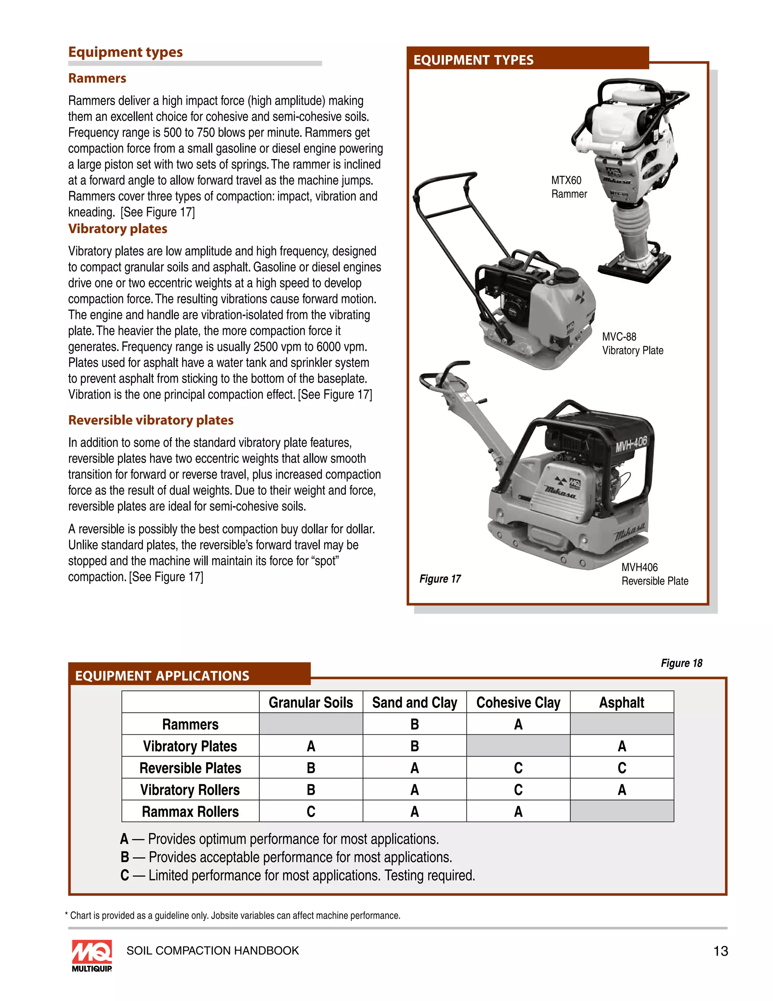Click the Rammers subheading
pos(97,78)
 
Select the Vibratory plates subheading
pos(118,229)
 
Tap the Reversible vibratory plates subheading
pos(151,420)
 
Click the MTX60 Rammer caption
pos(569,187)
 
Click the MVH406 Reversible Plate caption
pos(654,574)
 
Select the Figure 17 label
pos(440,579)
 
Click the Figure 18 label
pos(681,663)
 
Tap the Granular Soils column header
pos(311,703)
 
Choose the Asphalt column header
pos(621,703)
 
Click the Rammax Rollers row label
pos(190,812)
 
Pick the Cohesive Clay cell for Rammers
pos(518,724)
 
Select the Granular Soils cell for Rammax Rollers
pos(311,812)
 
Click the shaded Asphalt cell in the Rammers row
pos(621,724)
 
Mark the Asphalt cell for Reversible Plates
pos(621,768)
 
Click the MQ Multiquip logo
pos(92,955)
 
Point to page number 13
pos(720,951)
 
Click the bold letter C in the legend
pos(125,876)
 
